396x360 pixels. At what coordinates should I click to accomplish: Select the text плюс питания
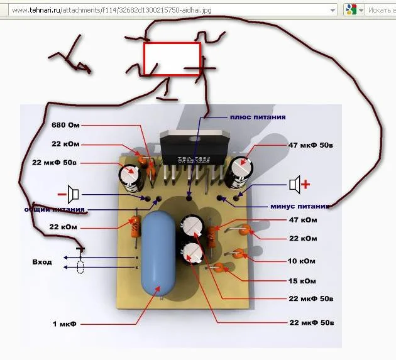pyautogui.click(x=258, y=117)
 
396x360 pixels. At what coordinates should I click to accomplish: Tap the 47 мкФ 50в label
pyautogui.click(x=311, y=145)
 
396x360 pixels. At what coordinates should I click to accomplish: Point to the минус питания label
pyautogui.click(x=300, y=206)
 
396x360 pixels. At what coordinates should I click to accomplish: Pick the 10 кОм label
pyautogui.click(x=302, y=261)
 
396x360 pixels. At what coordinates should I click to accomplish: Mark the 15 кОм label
pyautogui.click(x=302, y=280)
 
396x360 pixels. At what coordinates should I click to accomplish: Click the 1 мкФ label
pyautogui.click(x=64, y=324)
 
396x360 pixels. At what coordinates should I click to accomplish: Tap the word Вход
pyautogui.click(x=42, y=261)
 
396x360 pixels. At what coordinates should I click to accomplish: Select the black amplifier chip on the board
pyautogui.click(x=189, y=148)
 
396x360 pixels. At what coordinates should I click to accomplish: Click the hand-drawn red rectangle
pyautogui.click(x=172, y=59)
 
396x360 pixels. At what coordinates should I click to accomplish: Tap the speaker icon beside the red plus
pyautogui.click(x=294, y=184)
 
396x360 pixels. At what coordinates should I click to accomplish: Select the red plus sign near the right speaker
pyautogui.click(x=307, y=184)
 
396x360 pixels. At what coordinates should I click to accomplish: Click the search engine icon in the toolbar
pyautogui.click(x=351, y=10)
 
